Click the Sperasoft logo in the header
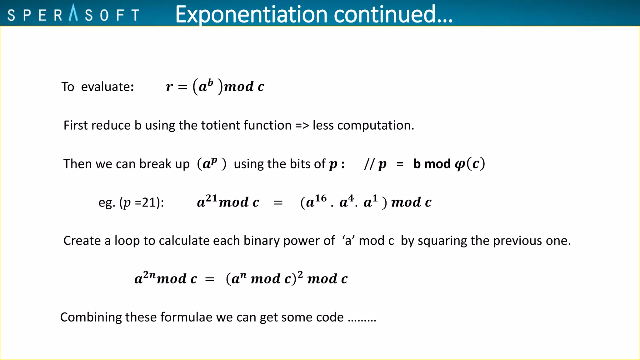(x=73, y=14)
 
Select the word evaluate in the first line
(x=107, y=87)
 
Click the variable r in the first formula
(x=169, y=87)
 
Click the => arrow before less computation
(x=302, y=126)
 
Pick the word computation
(x=375, y=126)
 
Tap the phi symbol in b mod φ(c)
(x=460, y=164)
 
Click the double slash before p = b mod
(x=369, y=164)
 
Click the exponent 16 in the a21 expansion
(x=321, y=198)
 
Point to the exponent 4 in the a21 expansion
(x=351, y=198)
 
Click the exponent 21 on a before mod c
(x=212, y=198)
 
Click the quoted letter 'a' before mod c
(x=348, y=241)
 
